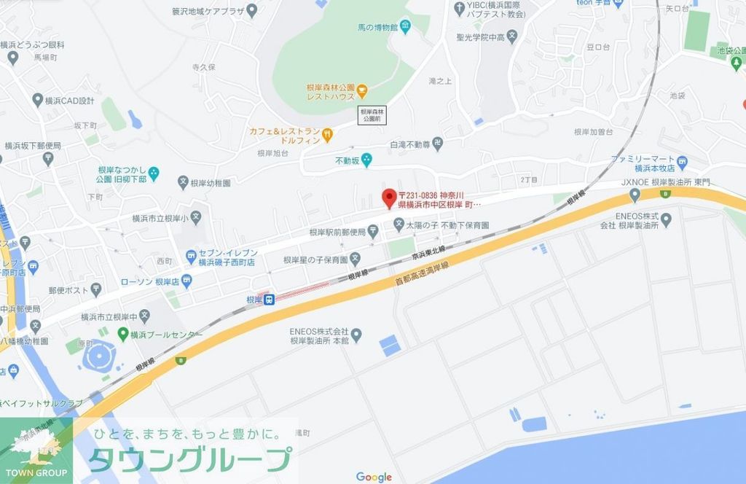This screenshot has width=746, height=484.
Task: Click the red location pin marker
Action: (389, 196)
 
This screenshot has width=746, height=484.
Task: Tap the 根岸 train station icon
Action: (269, 299)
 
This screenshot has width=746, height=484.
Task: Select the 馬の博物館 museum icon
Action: (405, 28)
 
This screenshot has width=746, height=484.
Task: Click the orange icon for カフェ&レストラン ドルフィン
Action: (328, 134)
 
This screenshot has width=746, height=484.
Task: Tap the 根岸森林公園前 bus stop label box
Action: (372, 114)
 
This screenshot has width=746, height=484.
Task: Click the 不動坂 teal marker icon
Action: (366, 158)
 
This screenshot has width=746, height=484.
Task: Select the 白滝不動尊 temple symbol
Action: (437, 143)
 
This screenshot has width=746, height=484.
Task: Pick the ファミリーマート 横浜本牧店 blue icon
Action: (682, 162)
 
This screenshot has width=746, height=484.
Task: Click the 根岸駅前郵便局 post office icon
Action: (373, 232)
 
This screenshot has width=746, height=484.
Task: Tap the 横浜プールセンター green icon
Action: (123, 335)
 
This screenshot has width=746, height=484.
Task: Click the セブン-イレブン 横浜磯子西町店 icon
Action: (191, 256)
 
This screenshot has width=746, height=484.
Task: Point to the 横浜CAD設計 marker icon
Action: (37, 100)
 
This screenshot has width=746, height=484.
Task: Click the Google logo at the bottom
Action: (374, 477)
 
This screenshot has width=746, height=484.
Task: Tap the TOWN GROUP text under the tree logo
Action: (36, 473)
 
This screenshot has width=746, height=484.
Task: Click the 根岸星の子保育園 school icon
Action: (355, 258)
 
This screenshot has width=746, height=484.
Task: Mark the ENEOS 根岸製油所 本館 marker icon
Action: (356, 335)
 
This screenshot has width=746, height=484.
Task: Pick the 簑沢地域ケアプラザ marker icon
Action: (252, 10)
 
